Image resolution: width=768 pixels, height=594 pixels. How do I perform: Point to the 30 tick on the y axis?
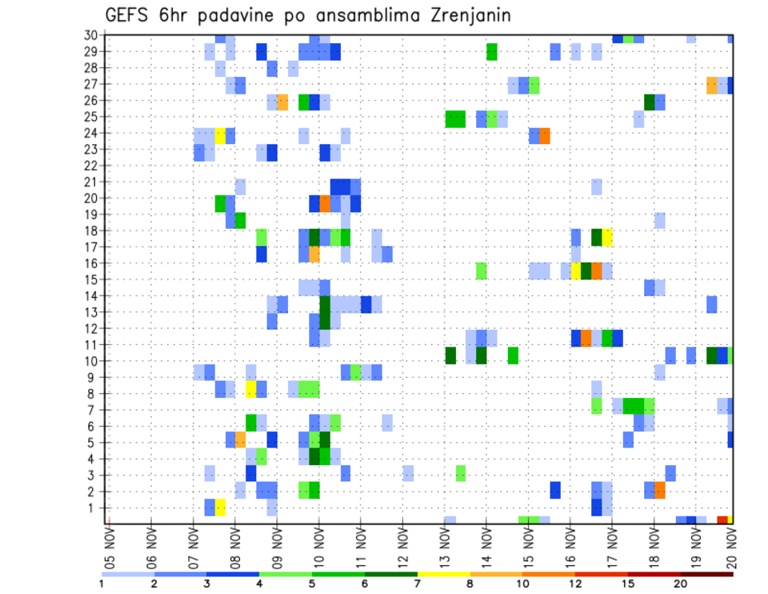point(92,35)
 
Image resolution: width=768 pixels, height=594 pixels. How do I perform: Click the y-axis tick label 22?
point(92,166)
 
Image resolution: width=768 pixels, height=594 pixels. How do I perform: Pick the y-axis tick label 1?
point(95,508)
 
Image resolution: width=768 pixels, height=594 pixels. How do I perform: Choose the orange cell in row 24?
point(545,135)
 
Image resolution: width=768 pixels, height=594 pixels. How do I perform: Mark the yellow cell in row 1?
point(220,508)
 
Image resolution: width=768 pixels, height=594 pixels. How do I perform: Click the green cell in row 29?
point(492,51)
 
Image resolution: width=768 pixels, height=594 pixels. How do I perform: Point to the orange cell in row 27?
point(712,84)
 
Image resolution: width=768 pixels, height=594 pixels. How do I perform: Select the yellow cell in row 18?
point(607,237)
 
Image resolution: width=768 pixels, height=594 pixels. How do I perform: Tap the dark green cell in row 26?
point(650,101)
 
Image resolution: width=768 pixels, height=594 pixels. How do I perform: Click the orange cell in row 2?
point(660,490)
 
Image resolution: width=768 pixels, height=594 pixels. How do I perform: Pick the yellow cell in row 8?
point(251,390)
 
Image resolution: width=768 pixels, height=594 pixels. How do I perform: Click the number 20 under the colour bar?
point(680,584)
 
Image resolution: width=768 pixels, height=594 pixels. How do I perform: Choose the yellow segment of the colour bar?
point(444,574)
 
